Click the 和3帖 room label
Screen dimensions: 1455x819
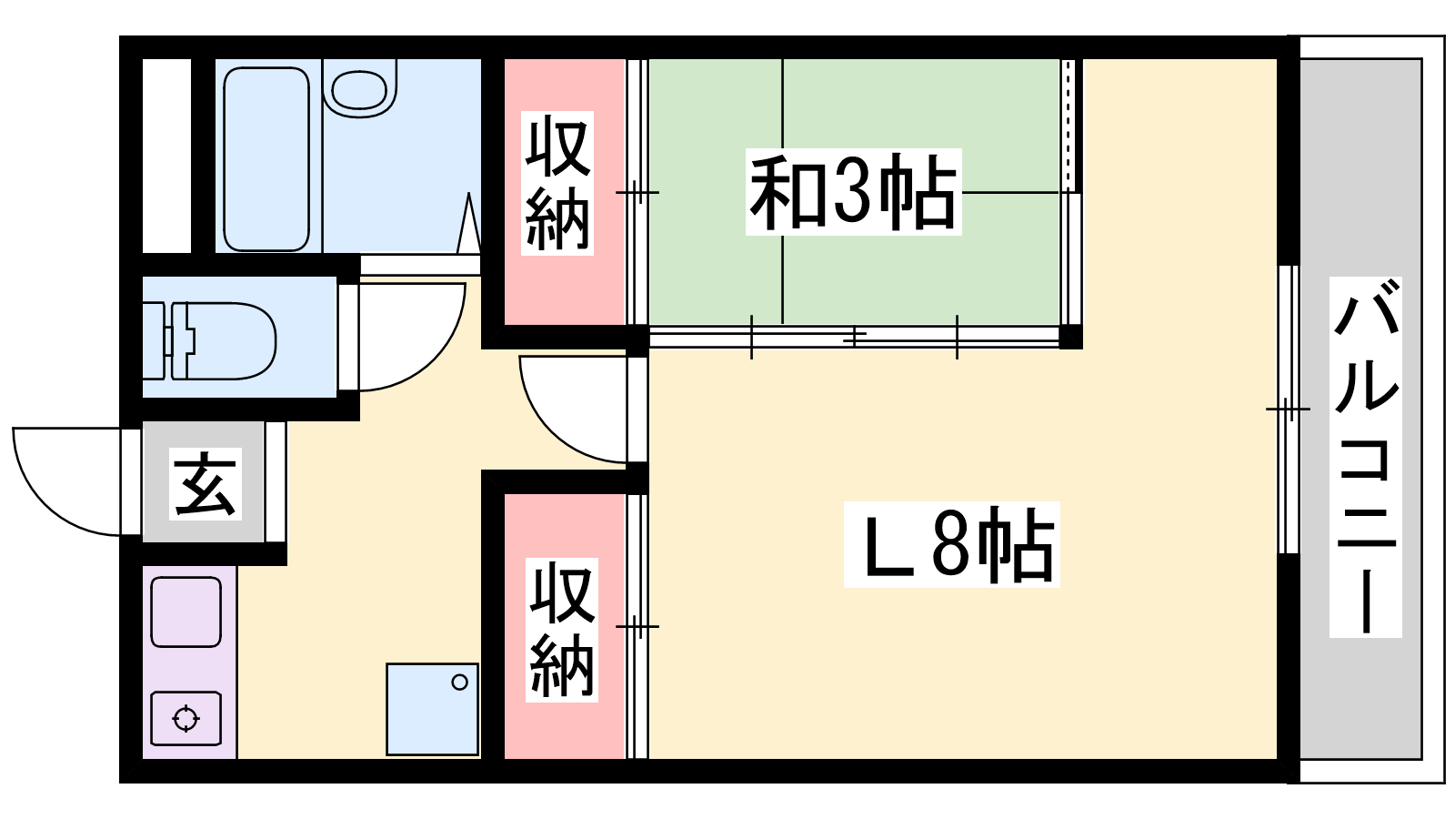point(853,192)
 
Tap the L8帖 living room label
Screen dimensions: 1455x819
point(951,544)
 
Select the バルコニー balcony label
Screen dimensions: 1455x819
point(1365,457)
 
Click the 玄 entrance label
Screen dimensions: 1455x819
point(206,483)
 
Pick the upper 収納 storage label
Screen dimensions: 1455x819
point(557,183)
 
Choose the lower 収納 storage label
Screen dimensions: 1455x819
point(561,629)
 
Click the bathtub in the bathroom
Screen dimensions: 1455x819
point(266,159)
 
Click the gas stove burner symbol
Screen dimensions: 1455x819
point(186,719)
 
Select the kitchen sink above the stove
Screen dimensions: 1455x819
point(186,612)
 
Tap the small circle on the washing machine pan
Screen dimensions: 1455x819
point(460,682)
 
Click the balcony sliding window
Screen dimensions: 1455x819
point(1289,409)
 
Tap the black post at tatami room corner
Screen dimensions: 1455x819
point(1070,337)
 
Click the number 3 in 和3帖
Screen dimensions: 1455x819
point(851,193)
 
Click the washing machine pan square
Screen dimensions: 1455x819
point(433,709)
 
